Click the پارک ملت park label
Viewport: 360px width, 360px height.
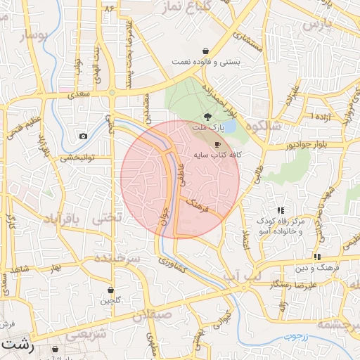coord(207,129)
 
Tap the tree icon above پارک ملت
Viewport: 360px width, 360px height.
coord(207,117)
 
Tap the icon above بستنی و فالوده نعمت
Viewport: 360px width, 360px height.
coord(205,51)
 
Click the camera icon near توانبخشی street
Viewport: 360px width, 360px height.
coord(84,136)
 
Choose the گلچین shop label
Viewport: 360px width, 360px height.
coord(111,301)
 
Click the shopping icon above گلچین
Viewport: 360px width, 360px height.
coord(111,290)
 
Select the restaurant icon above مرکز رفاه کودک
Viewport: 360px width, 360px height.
coord(281,210)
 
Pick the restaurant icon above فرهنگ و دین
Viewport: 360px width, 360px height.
coord(317,257)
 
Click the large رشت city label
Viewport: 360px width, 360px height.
coord(16,345)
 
